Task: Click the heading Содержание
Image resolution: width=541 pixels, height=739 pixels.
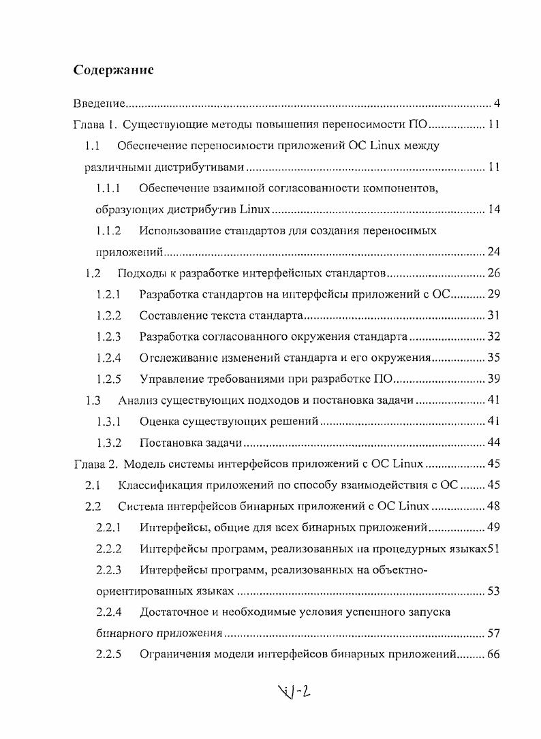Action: pos(113,70)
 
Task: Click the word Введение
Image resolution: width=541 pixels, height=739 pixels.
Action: pos(99,104)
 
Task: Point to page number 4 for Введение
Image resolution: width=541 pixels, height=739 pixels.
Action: pos(497,104)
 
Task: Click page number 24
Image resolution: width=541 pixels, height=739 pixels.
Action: pos(494,252)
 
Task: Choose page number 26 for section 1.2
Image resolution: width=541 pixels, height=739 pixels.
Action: pos(494,274)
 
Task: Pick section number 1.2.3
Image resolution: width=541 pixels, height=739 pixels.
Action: pos(108,336)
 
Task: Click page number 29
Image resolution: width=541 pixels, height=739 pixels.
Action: pos(494,294)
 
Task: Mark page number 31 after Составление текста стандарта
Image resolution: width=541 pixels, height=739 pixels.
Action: pos(494,315)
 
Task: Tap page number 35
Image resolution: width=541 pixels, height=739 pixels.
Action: pos(494,358)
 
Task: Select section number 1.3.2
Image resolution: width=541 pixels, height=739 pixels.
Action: pos(108,443)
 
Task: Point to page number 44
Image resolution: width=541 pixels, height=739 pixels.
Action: pos(494,443)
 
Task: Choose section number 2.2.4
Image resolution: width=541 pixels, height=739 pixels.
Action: pos(108,612)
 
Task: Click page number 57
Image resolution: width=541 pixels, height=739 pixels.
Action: pos(494,633)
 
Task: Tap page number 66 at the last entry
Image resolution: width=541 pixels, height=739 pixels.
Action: pos(494,655)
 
